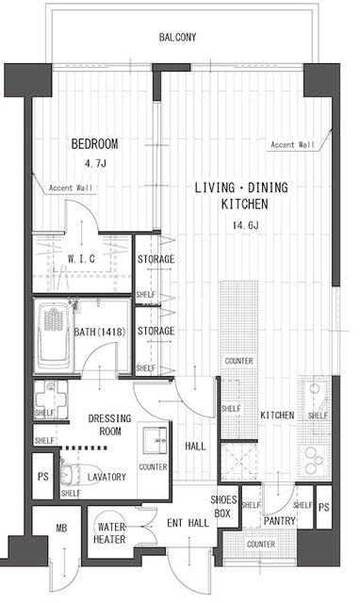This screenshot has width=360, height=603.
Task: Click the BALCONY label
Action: point(177,38)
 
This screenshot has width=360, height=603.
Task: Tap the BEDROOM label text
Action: point(94,144)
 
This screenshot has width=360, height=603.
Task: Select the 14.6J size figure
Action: point(245,225)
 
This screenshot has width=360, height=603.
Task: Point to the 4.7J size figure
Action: point(95,163)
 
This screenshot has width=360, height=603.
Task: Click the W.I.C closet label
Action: point(81,259)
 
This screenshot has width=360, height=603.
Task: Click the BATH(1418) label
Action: point(100,332)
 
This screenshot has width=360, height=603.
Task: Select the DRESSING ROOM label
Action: point(109,425)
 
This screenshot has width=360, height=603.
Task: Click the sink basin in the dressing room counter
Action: point(155,440)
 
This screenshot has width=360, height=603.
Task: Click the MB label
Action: point(61,529)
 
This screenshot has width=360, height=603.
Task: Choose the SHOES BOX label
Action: point(223,507)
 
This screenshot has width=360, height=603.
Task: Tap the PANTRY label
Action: point(279,521)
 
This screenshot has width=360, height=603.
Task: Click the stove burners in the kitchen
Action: point(314,460)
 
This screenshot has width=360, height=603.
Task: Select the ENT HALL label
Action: point(188,523)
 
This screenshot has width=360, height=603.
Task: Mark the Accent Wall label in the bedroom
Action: point(71,188)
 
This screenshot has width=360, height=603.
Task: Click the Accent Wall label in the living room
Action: point(293,145)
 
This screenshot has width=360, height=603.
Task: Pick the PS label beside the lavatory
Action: point(43,477)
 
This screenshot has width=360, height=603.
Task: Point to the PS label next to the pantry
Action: point(324,507)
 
